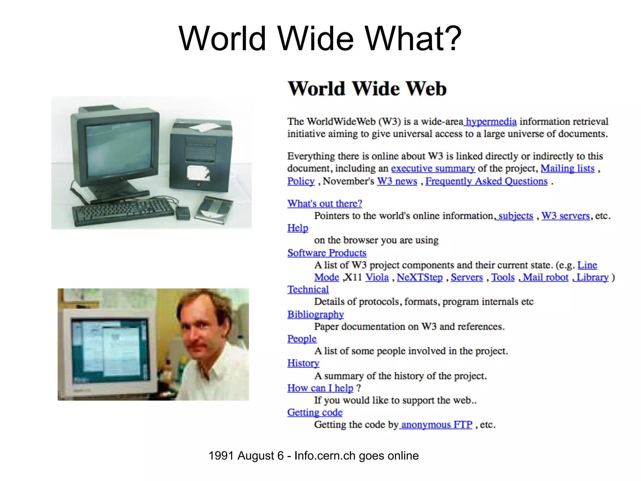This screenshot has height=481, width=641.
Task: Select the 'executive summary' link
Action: pyautogui.click(x=433, y=168)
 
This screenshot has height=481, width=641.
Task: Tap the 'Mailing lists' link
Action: pyautogui.click(x=567, y=168)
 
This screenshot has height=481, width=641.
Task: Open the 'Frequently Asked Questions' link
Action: pyautogui.click(x=486, y=181)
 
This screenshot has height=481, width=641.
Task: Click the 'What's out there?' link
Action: pyautogui.click(x=325, y=204)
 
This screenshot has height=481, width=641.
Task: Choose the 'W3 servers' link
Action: pyautogui.click(x=565, y=216)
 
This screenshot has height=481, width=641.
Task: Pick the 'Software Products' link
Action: pyautogui.click(x=327, y=253)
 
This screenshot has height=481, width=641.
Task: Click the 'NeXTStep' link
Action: pyautogui.click(x=420, y=277)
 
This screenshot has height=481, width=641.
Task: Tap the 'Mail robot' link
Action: pyautogui.click(x=545, y=277)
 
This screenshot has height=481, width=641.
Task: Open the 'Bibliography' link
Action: pyautogui.click(x=315, y=314)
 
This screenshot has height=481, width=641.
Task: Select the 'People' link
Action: pyautogui.click(x=302, y=339)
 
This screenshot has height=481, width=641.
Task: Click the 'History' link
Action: pyautogui.click(x=303, y=363)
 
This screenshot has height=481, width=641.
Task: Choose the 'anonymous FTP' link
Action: pyautogui.click(x=437, y=425)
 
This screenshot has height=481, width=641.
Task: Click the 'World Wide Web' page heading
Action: pyautogui.click(x=367, y=89)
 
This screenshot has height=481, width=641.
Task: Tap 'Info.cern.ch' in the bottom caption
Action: pyautogui.click(x=325, y=456)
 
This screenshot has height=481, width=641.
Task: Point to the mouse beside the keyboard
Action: pyautogui.click(x=183, y=213)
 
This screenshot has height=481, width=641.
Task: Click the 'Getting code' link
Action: pyautogui.click(x=315, y=412)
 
